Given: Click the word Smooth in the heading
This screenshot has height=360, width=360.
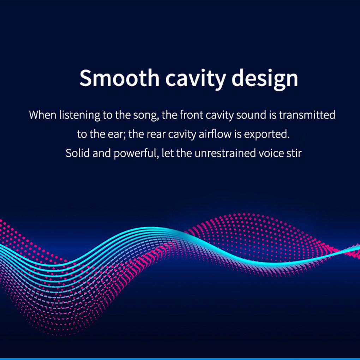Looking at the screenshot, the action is pos(119,78).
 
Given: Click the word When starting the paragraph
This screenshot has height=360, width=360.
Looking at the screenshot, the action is pos(43,115).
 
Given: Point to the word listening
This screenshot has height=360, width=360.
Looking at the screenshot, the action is pos(80,115).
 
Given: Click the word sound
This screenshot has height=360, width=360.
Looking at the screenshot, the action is pos(251,115).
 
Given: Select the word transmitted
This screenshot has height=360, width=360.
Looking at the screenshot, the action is pos(307,115).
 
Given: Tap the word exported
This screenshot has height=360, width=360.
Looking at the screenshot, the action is pos(265,134).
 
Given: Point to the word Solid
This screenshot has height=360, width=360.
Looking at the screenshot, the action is pos(77,153).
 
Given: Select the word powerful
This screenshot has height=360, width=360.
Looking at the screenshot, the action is pos(135,154).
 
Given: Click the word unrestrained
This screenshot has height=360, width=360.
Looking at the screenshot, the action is pos(225,153).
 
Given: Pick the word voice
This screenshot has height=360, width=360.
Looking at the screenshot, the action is pos(271,154).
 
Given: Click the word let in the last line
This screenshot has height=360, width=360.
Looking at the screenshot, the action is pos(168,153).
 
